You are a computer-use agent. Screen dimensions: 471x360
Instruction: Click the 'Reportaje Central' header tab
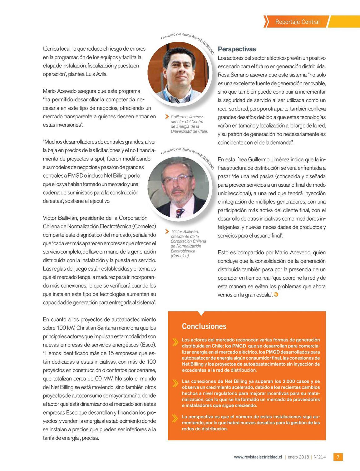(297, 22)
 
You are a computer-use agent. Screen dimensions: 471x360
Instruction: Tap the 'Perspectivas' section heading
(237, 49)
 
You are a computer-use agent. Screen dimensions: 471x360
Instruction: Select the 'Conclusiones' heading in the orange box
(204, 326)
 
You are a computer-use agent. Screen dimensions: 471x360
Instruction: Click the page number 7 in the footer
(338, 457)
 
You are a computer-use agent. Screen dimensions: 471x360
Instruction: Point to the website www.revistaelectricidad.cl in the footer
(258, 457)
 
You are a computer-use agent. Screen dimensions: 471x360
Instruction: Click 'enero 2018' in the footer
(298, 457)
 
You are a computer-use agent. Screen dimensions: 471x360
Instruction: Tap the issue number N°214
(319, 457)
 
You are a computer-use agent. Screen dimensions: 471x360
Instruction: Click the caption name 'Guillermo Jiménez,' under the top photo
(187, 117)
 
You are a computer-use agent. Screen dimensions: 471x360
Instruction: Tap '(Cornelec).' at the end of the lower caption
(180, 256)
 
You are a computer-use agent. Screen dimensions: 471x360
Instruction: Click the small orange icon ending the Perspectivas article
(276, 294)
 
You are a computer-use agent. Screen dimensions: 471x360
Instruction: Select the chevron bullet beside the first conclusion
(175, 342)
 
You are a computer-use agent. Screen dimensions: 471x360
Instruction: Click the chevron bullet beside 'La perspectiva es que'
(175, 418)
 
